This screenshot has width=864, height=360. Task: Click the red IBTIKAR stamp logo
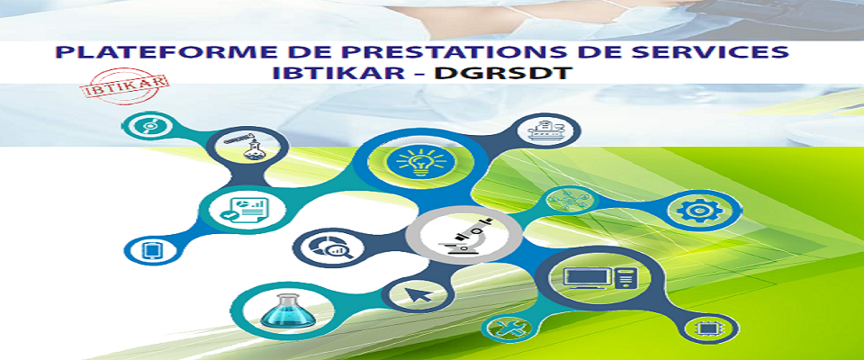pyautogui.click(x=126, y=86)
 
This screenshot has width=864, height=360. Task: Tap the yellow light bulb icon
pyautogui.click(x=421, y=160)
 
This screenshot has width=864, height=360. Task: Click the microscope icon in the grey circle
pyautogui.click(x=465, y=236)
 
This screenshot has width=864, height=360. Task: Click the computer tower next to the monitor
pyautogui.click(x=624, y=277)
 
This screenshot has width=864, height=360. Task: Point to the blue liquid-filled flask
pyautogui.click(x=288, y=310)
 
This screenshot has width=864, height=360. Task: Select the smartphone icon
pyautogui.click(x=150, y=251)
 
